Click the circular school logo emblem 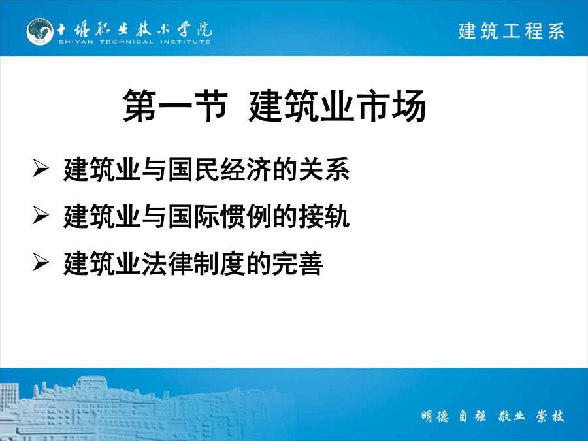40,32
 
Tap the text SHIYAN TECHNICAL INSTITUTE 134,42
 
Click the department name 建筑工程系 511,31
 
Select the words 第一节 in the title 175,106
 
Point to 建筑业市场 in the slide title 337,106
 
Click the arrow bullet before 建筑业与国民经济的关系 41,168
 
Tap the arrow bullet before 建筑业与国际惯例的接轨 41,215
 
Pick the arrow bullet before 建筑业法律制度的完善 41,262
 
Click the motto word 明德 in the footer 435,416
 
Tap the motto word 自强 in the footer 472,416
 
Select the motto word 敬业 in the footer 512,416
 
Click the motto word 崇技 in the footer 550,416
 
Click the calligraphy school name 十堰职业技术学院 134,29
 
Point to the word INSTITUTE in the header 186,42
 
